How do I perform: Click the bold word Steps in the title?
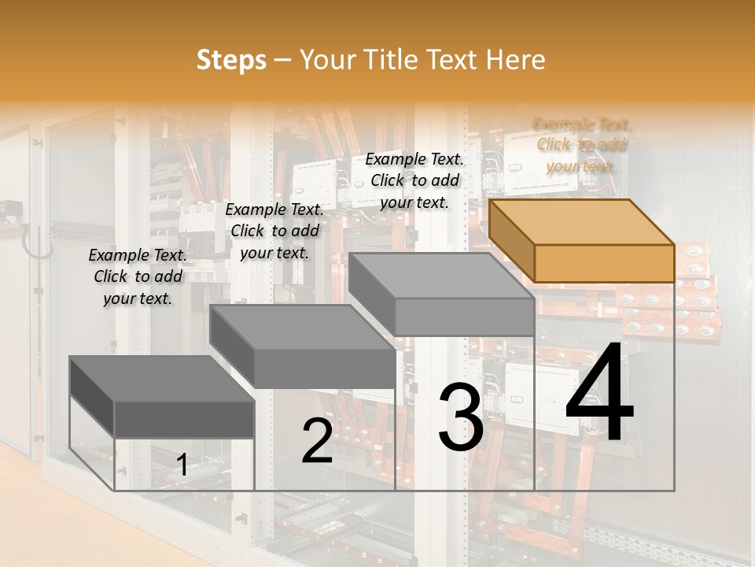(x=231, y=60)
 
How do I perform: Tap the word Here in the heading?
(x=515, y=60)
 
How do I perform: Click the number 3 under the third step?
(x=461, y=417)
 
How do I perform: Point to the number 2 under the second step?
(x=317, y=441)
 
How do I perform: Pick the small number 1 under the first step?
(x=182, y=465)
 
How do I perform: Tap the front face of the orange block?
(x=604, y=263)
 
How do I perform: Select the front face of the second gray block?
(x=325, y=369)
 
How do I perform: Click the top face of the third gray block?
(x=440, y=276)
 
